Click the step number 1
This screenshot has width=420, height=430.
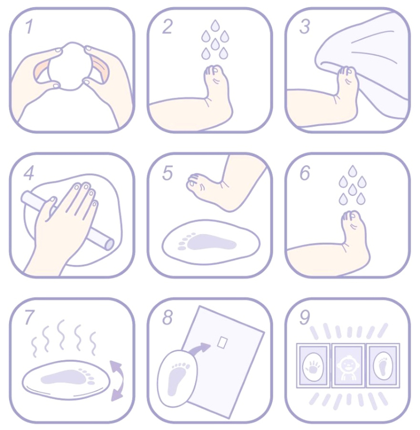coord(29,26)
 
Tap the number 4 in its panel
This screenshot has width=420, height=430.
coord(29,173)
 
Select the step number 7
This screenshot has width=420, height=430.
coord(30,317)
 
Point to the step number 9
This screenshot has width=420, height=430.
coord(305,317)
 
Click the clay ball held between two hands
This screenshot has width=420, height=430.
coord(70,66)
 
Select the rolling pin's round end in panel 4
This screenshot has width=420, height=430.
coord(109,243)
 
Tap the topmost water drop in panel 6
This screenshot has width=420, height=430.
coord(353,171)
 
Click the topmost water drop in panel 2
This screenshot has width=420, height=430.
coord(215,25)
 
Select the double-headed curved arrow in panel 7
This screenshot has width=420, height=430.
coord(117,381)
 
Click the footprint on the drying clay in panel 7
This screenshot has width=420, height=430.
coord(67,378)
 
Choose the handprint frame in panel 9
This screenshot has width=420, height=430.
coord(313,366)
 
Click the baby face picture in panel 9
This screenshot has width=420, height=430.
coord(348,366)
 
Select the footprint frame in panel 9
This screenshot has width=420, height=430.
coord(383,366)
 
